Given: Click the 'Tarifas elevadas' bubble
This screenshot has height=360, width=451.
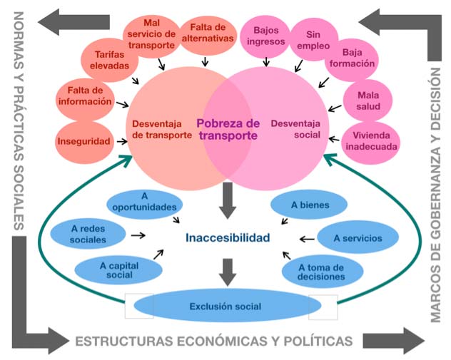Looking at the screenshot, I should point(110,59).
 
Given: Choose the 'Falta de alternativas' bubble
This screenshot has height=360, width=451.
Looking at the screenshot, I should point(208,33).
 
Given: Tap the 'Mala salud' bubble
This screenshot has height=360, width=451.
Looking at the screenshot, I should point(365,101).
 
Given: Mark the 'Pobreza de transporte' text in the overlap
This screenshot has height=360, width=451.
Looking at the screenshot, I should point(228,129).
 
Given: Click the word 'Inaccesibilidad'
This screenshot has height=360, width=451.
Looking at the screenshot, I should point(228,237).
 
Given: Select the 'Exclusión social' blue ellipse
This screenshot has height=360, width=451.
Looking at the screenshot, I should point(225,307).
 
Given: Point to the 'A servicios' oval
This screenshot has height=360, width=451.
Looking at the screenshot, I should point(356,238).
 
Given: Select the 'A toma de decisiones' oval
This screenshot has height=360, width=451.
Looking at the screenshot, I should point(323,270).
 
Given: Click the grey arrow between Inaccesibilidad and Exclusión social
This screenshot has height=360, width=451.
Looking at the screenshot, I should point(228,271).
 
